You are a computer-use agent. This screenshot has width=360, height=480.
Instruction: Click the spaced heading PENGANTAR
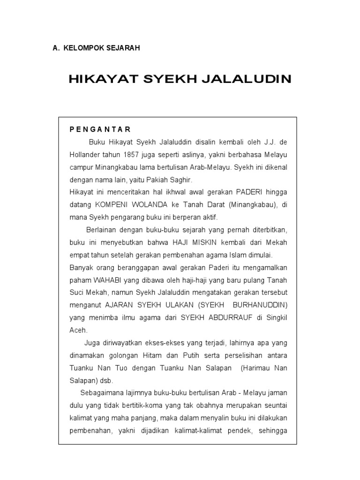pos(100,129)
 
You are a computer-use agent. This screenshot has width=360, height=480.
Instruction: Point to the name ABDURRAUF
pos(224,318)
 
